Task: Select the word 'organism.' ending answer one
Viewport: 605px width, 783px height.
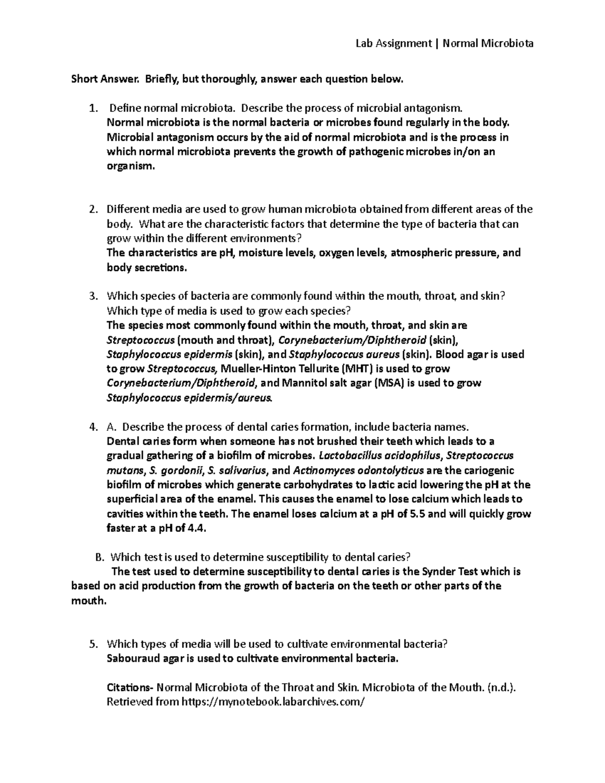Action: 128,166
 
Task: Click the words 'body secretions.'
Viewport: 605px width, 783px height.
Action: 146,268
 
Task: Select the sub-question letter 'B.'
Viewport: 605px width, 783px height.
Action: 99,557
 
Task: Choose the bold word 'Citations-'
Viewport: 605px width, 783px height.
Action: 130,687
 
